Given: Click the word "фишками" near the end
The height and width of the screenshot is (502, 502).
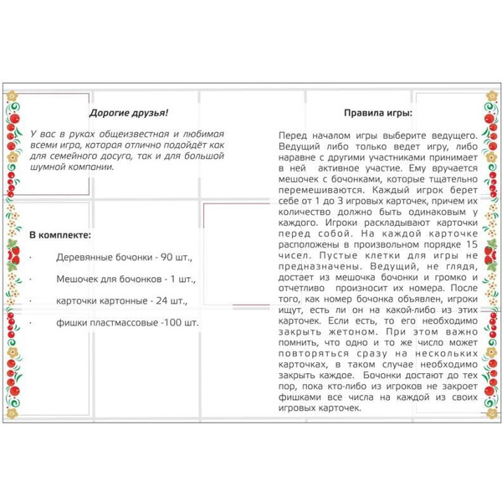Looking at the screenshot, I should [x=300, y=397].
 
